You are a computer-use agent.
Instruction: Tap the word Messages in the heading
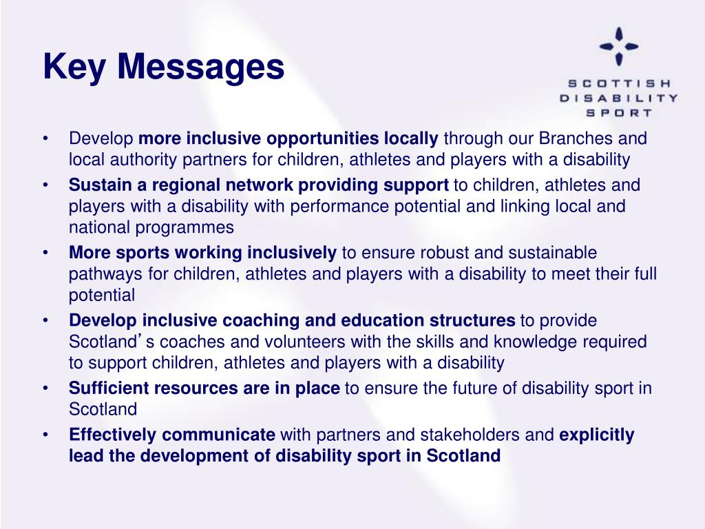(x=199, y=67)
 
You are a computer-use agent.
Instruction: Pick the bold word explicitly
(x=597, y=435)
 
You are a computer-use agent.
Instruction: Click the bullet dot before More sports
(x=45, y=253)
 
